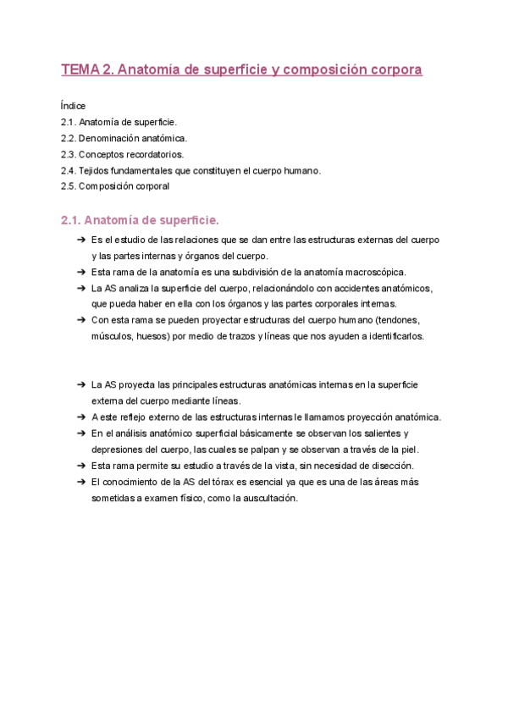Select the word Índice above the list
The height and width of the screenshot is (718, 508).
point(74,106)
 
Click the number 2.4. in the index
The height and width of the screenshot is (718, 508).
point(69,170)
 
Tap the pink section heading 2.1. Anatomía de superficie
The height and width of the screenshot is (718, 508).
point(140,220)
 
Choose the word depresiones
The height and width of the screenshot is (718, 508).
point(121,450)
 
